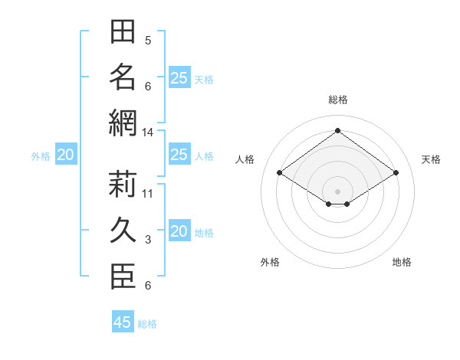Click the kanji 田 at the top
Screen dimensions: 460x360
pos(123,31)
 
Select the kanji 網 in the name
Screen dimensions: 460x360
pos(123,123)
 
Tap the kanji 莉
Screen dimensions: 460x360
pos(123,184)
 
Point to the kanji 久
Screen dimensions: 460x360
pos(123,230)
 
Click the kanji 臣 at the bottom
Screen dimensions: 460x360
pos(123,277)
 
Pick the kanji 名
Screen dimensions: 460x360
pos(123,77)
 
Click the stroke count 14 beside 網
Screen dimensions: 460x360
pos(147,133)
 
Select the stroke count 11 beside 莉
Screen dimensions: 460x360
pos(147,194)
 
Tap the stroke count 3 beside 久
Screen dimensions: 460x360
pos(148,240)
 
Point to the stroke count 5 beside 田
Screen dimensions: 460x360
pos(148,41)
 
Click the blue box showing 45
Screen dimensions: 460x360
pos(123,321)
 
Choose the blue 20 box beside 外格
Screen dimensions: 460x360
pos(66,154)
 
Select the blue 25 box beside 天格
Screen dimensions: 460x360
pos(180,77)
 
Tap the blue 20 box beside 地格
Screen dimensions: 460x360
pos(180,230)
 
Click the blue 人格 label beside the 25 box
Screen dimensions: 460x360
pos(204,156)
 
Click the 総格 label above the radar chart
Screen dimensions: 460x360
pos(338,100)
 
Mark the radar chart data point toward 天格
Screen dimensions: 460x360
pos(396,172)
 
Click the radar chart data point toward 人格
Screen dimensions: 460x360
pos(280,172)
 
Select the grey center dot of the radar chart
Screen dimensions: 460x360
pos(337,191)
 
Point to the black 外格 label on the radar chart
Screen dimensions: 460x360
pos(270,262)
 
